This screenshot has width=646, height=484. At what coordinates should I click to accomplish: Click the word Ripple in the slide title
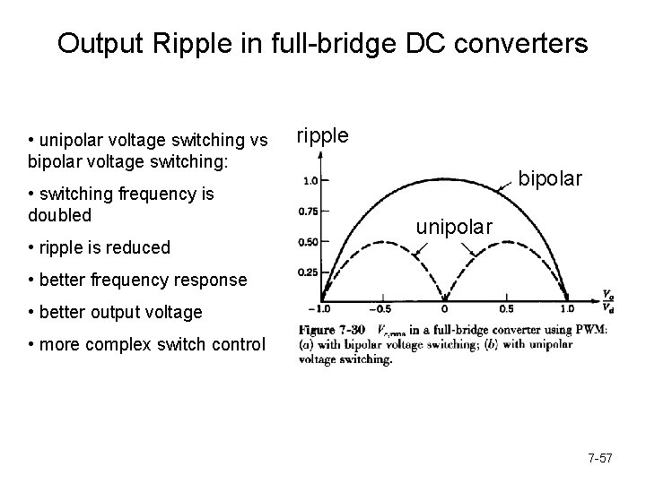176,43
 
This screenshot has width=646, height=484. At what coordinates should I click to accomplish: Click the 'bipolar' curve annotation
551,180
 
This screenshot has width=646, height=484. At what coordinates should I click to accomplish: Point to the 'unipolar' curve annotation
453,228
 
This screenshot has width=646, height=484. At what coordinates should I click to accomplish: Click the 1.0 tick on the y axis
310,181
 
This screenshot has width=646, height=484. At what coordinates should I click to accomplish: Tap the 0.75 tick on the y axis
307,212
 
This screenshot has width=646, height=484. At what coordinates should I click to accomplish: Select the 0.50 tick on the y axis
307,242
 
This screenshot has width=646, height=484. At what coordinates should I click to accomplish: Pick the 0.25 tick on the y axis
307,272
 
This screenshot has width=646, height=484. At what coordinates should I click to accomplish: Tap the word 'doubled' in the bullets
59,216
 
